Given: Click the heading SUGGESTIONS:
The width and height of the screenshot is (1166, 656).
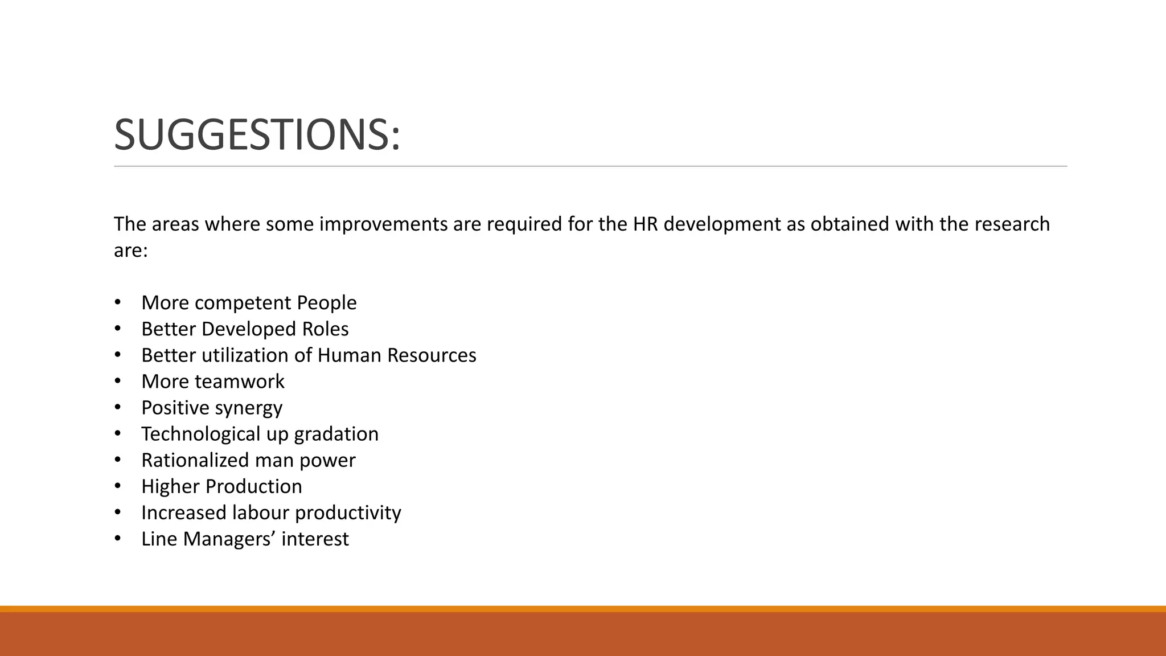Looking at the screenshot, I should [x=257, y=135].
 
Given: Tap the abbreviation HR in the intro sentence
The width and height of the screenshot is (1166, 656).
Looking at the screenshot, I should [x=645, y=224].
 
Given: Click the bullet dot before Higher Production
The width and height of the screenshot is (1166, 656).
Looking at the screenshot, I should [x=118, y=486].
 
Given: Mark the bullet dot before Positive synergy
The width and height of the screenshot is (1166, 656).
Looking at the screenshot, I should [x=118, y=408].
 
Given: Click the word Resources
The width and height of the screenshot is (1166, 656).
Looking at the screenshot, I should [x=432, y=355].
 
